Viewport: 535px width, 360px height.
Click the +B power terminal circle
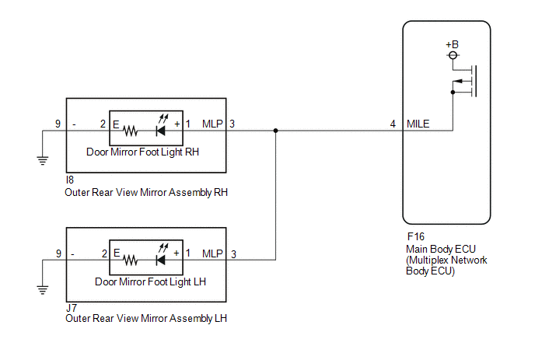tap(453, 55)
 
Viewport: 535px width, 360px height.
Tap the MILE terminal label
tap(418, 124)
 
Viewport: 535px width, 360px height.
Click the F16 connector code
tap(415, 236)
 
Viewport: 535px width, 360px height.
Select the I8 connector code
tap(70, 180)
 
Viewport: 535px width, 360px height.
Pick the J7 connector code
tap(72, 308)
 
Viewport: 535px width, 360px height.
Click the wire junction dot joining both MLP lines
tap(276, 131)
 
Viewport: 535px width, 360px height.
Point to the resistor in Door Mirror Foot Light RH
tap(130, 131)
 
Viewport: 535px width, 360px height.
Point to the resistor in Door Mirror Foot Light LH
tap(131, 260)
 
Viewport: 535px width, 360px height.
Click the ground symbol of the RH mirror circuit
tap(43, 160)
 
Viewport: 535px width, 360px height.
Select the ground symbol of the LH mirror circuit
tap(43, 290)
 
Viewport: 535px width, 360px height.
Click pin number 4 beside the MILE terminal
tap(393, 124)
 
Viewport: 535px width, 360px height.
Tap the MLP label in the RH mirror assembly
tap(212, 124)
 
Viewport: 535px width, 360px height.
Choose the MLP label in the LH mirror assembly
tap(212, 253)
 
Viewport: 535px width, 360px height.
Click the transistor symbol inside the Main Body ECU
tap(465, 81)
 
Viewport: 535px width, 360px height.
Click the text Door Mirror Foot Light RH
tap(142, 152)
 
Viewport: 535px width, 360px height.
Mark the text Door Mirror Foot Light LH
tap(151, 282)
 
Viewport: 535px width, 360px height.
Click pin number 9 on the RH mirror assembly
tap(58, 124)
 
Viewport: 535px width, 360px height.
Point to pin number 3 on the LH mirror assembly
tap(233, 254)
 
